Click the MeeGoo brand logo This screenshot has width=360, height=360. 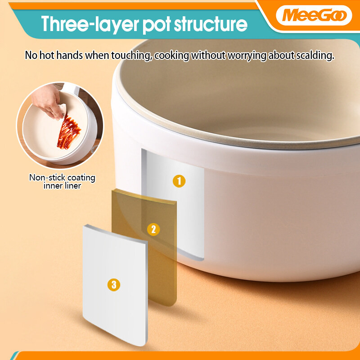tap(314, 15)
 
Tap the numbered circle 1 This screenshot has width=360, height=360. tap(179, 181)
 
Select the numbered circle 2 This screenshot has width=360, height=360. tap(153, 229)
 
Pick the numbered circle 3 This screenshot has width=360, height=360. tap(114, 285)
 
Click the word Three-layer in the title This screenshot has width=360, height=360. tap(90, 24)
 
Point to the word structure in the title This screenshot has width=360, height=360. tap(211, 24)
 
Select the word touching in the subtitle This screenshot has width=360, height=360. tap(131, 55)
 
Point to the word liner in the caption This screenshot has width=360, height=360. tap(72, 186)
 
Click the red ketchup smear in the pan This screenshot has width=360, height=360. tap(68, 132)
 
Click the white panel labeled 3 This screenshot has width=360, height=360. tap(115, 285)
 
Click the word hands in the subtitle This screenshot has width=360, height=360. tap(70, 55)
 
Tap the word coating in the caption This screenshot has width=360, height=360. tap(81, 178)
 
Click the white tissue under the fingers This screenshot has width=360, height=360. tap(62, 111)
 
